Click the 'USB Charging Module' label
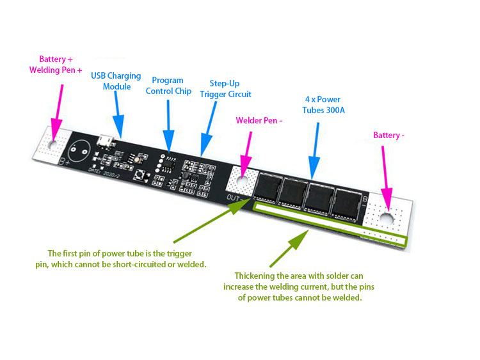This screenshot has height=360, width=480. click(116, 81)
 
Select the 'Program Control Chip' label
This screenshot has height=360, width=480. click(168, 86)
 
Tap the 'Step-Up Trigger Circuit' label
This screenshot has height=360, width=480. click(225, 89)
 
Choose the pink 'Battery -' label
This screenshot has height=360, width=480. click(389, 136)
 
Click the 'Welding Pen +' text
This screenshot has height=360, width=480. click(56, 70)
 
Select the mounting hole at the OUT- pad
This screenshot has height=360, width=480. click(242, 182)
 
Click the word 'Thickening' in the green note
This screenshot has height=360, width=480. click(257, 275)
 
